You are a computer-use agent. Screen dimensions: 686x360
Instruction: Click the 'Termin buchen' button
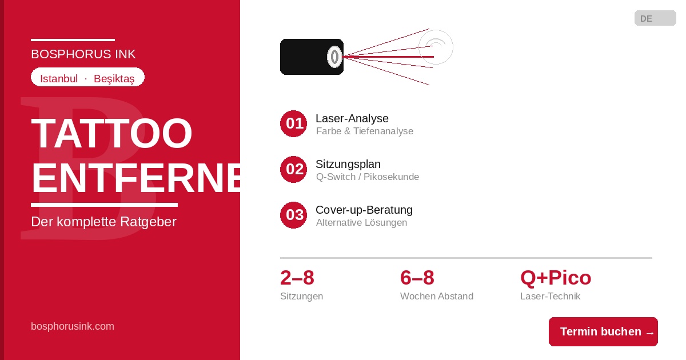coord(603,331)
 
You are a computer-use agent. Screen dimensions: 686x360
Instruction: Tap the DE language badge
coord(655,18)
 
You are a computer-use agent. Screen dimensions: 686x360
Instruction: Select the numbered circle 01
coord(293,123)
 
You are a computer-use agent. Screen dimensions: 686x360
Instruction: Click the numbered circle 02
coord(293,169)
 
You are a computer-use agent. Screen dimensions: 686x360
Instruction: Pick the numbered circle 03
coord(293,215)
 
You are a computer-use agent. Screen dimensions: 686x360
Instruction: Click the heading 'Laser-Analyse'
coord(352,118)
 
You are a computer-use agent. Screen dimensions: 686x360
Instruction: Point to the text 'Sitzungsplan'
coord(348,165)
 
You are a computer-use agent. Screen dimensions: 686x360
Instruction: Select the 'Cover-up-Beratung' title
coord(364,210)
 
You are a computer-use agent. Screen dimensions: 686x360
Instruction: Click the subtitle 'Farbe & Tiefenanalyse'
coord(365,131)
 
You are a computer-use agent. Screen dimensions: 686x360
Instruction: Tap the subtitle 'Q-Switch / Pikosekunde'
coord(368,177)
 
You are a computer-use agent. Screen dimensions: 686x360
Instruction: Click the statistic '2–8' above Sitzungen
coord(297,278)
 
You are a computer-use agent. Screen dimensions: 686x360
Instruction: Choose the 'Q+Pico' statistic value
coord(556,278)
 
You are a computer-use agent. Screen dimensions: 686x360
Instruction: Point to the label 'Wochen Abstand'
coord(436,296)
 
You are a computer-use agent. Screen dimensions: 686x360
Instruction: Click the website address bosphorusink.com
coord(72,326)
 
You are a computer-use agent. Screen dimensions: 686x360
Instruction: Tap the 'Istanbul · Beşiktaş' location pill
coord(87,77)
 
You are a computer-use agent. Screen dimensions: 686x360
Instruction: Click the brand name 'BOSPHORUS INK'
coord(83,54)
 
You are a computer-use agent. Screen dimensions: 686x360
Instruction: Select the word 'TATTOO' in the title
coord(111,133)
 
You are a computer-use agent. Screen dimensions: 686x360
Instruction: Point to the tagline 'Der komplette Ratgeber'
coord(103,222)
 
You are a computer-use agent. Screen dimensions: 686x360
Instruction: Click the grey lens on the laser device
coord(334,57)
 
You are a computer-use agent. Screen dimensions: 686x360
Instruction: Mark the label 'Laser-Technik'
coord(550,296)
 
